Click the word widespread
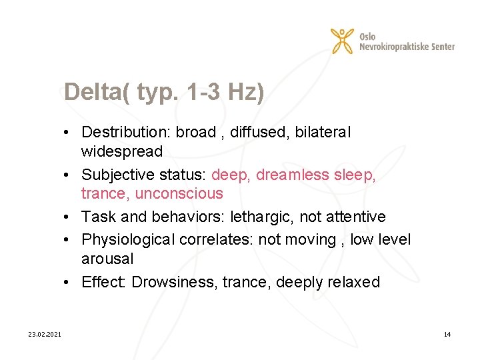(121, 151)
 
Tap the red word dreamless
(293, 175)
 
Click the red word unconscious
(179, 194)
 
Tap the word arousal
(107, 259)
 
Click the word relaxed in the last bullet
(353, 282)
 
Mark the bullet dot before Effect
(69, 282)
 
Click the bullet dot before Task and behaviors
(69, 217)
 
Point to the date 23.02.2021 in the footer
(45, 334)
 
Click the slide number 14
(447, 334)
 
